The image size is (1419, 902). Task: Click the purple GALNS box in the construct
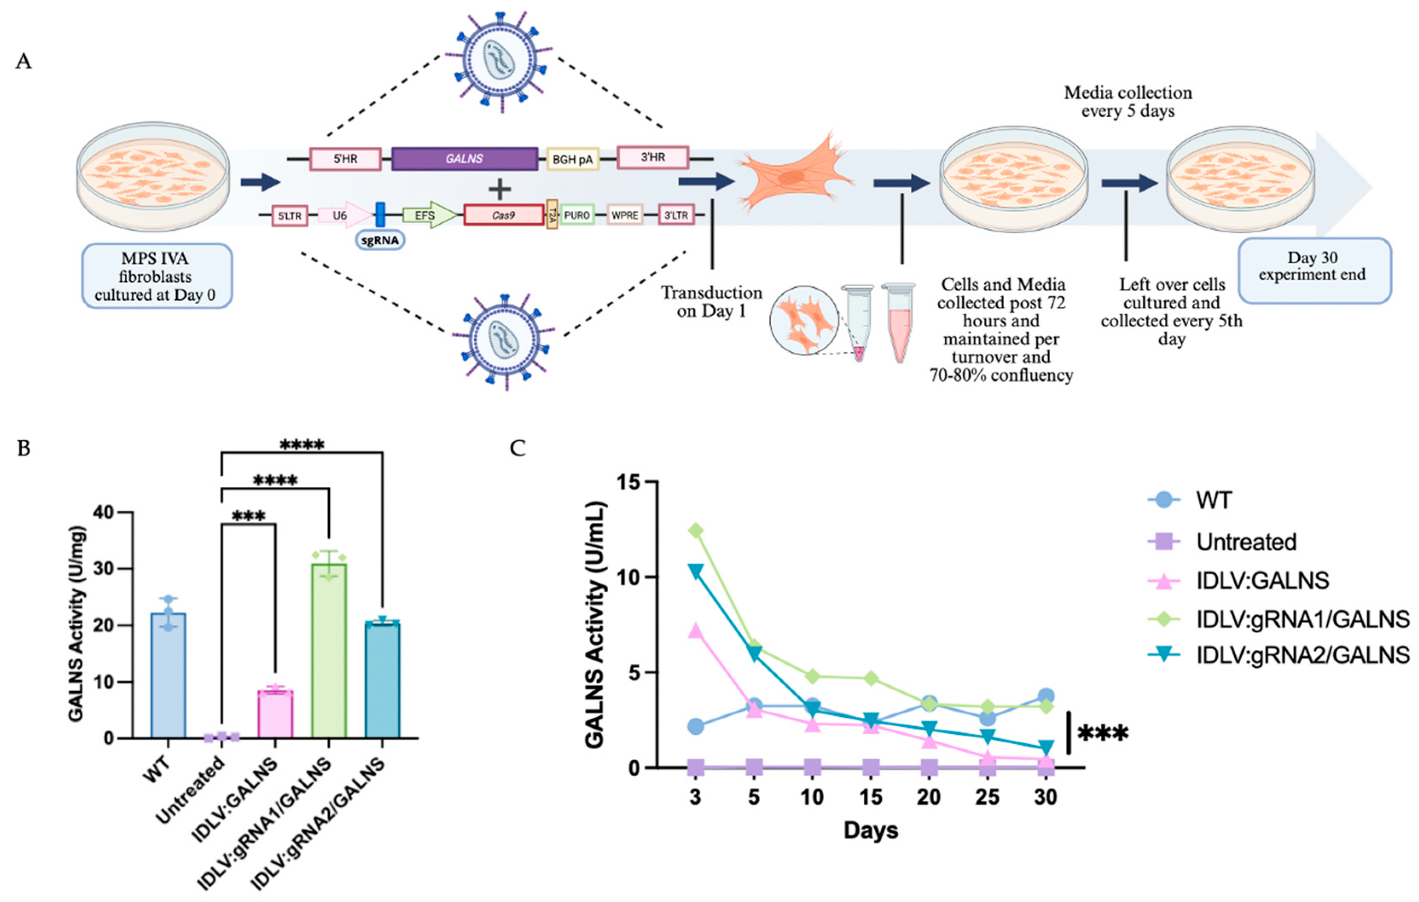pos(464,159)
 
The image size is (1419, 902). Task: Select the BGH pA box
pos(572,159)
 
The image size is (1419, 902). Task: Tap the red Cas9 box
pos(503,215)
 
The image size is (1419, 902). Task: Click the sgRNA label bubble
pos(380,240)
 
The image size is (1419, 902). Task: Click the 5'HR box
pos(345,159)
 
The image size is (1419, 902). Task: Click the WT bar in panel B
pos(168,675)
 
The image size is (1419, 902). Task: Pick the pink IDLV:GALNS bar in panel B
pos(275,714)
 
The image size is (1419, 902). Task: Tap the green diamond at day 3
pos(696,531)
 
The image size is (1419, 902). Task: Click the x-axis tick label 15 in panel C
pos(871,797)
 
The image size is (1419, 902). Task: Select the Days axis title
pos(871,830)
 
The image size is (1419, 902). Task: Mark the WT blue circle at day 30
pos(1046,695)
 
